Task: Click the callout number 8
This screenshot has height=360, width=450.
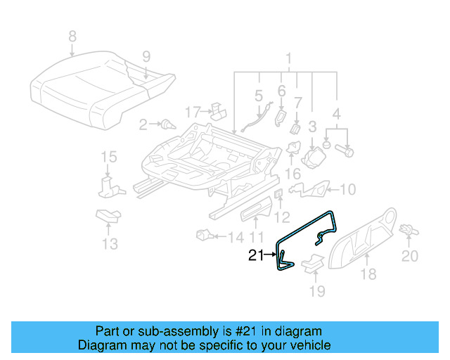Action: pos(71,36)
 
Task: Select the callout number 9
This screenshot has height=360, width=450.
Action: pos(146,56)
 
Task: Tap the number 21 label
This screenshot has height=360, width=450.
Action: pos(257,256)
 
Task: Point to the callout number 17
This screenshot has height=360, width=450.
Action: pos(193,112)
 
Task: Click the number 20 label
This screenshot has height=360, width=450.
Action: pos(409,257)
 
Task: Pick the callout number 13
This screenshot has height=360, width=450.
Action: pos(109,243)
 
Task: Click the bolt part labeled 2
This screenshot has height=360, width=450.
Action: pos(167,125)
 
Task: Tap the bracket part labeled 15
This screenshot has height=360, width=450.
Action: pos(108,186)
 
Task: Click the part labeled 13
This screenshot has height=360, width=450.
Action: pos(107,216)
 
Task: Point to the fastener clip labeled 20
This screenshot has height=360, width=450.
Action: pos(407,229)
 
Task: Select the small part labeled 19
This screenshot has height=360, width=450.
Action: pos(311,263)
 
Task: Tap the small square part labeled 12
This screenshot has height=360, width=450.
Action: pos(278,194)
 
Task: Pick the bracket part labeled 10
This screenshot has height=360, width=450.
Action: pos(309,189)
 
